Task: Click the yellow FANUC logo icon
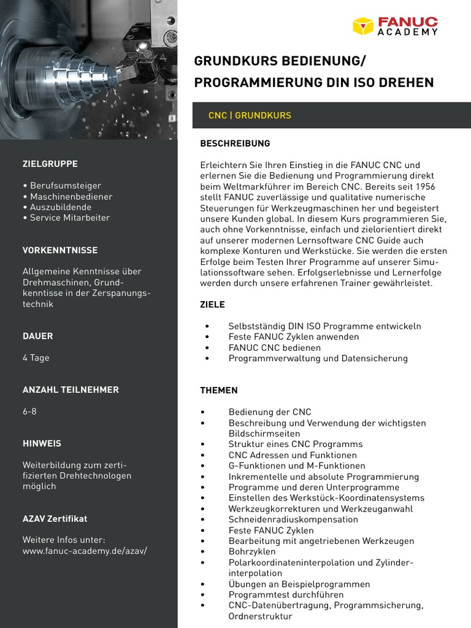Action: click(x=363, y=26)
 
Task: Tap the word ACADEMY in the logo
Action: click(x=407, y=32)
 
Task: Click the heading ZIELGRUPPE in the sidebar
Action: click(x=50, y=164)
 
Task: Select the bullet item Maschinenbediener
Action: click(x=71, y=196)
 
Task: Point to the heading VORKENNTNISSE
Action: click(x=60, y=250)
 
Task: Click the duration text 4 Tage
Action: click(x=36, y=358)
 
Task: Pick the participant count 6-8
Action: click(x=29, y=411)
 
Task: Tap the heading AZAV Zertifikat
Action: click(x=55, y=518)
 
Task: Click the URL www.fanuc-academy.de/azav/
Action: click(x=85, y=551)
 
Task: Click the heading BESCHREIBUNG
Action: click(x=235, y=144)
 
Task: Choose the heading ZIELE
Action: click(x=213, y=304)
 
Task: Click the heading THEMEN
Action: click(x=219, y=390)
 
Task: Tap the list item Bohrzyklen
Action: click(x=252, y=551)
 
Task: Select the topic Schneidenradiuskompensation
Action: click(x=293, y=519)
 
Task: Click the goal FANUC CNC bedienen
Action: click(x=274, y=347)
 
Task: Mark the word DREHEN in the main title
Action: click(x=406, y=82)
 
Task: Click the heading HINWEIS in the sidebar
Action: click(x=42, y=443)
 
